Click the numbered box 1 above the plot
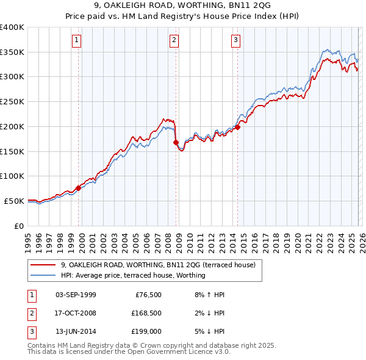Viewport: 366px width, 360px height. pyautogui.click(x=77, y=41)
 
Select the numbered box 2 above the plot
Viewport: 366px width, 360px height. pyautogui.click(x=174, y=41)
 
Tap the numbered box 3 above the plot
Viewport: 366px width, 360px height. pyautogui.click(x=235, y=41)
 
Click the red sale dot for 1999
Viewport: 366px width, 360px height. pyautogui.click(x=78, y=188)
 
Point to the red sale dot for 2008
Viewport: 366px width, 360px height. pyautogui.click(x=176, y=142)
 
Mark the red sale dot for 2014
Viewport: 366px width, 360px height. pyautogui.click(x=237, y=127)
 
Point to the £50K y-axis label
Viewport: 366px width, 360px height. pyautogui.click(x=15, y=201)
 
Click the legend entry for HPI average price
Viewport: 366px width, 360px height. pyautogui.click(x=133, y=276)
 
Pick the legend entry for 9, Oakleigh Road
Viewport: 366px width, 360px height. pyautogui.click(x=161, y=265)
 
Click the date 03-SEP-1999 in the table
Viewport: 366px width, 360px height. pyautogui.click(x=76, y=295)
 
